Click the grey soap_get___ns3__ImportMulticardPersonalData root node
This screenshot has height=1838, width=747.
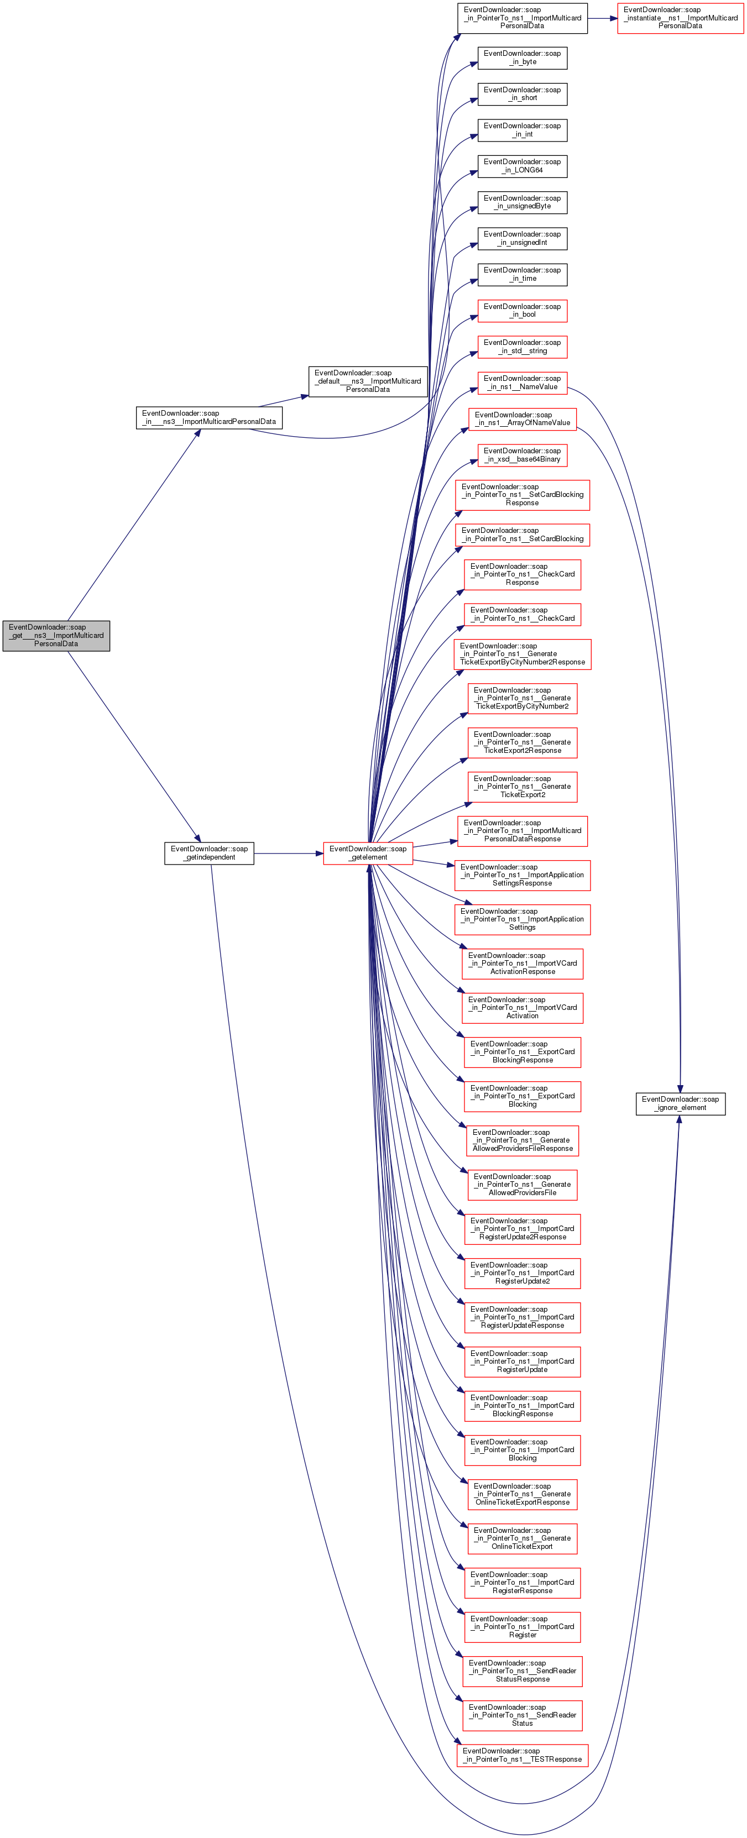[56, 635]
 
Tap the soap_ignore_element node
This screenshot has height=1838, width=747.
[680, 1103]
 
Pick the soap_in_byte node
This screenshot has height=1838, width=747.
[523, 58]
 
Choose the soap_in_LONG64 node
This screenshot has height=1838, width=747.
[523, 166]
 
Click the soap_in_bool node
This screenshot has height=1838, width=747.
[523, 310]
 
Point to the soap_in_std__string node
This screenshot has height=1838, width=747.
[523, 347]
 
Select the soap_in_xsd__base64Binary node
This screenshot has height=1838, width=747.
[523, 455]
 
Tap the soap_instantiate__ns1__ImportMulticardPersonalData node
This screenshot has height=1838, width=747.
[680, 18]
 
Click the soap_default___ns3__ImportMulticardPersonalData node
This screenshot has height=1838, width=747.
[368, 381]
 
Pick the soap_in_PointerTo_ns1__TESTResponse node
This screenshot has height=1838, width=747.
[523, 1755]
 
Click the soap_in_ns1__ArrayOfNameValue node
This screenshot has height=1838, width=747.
[523, 419]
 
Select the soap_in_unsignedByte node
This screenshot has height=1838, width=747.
[523, 203]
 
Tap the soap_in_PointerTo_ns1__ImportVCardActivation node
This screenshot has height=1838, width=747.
[523, 1008]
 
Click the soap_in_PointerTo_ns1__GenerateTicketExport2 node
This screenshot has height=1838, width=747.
[523, 786]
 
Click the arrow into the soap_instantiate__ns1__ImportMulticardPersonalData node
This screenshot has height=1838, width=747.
[603, 18]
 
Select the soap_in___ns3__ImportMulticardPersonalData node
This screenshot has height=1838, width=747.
[209, 417]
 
